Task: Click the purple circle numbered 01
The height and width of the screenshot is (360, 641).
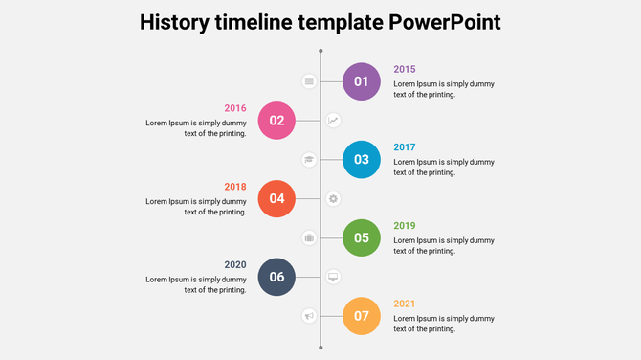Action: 362,81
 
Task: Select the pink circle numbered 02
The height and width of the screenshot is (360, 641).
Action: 276,121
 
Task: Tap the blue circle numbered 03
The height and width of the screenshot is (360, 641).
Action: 362,160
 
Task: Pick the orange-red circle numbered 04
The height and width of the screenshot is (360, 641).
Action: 276,199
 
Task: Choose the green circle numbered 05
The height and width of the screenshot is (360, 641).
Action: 362,237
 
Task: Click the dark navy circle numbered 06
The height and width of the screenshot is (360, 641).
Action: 276,277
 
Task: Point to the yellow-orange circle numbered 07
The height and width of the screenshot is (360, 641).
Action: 362,316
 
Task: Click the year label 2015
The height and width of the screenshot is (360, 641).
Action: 405,69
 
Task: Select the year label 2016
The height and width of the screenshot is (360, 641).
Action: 235,108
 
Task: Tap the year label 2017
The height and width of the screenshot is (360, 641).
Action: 405,147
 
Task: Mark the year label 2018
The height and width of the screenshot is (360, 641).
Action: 235,187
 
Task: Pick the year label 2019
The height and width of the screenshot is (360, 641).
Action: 405,226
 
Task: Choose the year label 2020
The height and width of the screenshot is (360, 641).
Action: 235,265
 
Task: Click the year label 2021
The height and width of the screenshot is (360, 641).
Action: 405,304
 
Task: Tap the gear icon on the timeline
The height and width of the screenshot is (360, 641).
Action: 333,199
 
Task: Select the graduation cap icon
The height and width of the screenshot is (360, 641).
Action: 309,160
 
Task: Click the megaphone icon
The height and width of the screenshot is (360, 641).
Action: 309,316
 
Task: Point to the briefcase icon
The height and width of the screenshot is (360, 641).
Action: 309,237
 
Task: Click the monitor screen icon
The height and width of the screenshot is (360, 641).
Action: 333,277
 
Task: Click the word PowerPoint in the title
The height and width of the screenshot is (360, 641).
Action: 445,22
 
